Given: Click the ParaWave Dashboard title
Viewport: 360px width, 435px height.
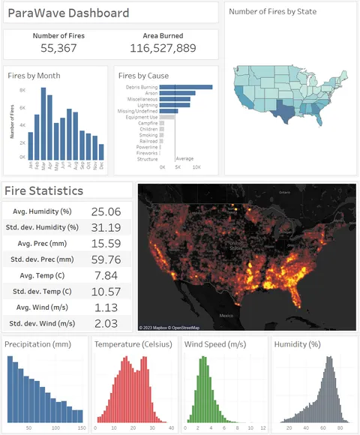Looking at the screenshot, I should (x=67, y=13).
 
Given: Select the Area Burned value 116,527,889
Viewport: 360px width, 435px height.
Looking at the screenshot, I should (x=163, y=48).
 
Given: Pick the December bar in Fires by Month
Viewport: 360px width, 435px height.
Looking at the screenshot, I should (x=101, y=151).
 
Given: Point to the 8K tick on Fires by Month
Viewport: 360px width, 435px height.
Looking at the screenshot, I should (x=22, y=90).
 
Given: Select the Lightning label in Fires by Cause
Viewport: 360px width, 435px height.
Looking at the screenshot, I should (x=145, y=105).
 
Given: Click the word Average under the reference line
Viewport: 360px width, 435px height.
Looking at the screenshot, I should (x=185, y=158).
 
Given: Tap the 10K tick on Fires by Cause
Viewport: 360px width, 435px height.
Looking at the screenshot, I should (x=196, y=167).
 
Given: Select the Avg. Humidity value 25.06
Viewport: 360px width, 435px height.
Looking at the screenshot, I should (x=105, y=212).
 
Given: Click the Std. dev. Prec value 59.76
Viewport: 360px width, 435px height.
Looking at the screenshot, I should (x=105, y=259).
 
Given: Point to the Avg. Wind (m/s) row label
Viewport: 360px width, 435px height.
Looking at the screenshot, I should (x=42, y=307).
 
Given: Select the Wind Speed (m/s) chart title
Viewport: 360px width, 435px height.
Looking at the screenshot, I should (x=213, y=344).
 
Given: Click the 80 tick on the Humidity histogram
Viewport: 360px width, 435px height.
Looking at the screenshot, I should (x=339, y=427).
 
